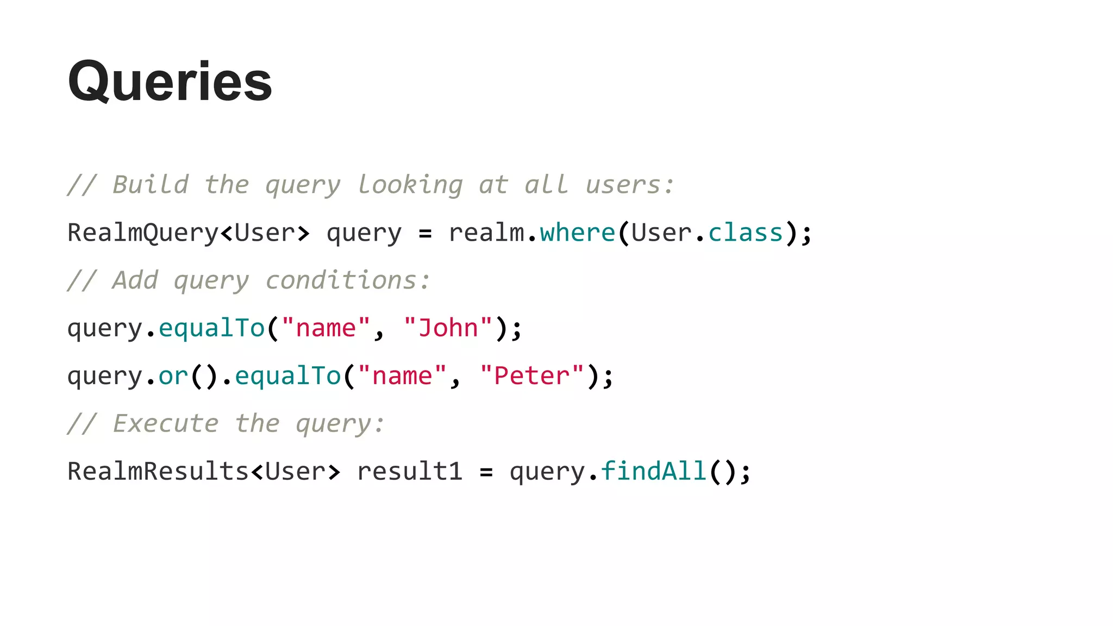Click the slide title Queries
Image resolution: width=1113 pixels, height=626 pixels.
coord(170,82)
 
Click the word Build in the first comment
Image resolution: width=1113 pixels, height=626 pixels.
coord(151,185)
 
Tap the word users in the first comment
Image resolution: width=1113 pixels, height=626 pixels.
coord(623,185)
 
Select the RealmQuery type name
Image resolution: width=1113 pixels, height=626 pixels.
coord(143,233)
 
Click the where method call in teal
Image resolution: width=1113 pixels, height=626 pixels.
coord(577,233)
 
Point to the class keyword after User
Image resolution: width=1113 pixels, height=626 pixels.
coord(745,233)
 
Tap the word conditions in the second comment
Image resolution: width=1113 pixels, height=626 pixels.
coord(341,280)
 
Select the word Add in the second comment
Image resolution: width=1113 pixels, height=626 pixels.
coord(135,280)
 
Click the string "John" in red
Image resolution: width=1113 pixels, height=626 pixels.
coord(448,328)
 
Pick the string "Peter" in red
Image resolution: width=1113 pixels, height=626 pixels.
coord(532,376)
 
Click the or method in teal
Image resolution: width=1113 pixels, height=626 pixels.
coord(173,376)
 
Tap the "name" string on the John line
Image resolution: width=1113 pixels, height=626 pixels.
coord(326,328)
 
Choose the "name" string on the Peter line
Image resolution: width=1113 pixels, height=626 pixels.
coord(402,376)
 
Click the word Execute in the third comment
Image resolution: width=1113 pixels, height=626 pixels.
coord(166,423)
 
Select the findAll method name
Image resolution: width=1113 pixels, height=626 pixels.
coord(653,471)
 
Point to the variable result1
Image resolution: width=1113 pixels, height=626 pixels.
coord(410,471)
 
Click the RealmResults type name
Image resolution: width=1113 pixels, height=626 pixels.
coord(158,471)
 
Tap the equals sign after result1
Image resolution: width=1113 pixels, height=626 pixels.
coord(486,472)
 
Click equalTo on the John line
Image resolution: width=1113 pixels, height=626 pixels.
coord(211,328)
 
